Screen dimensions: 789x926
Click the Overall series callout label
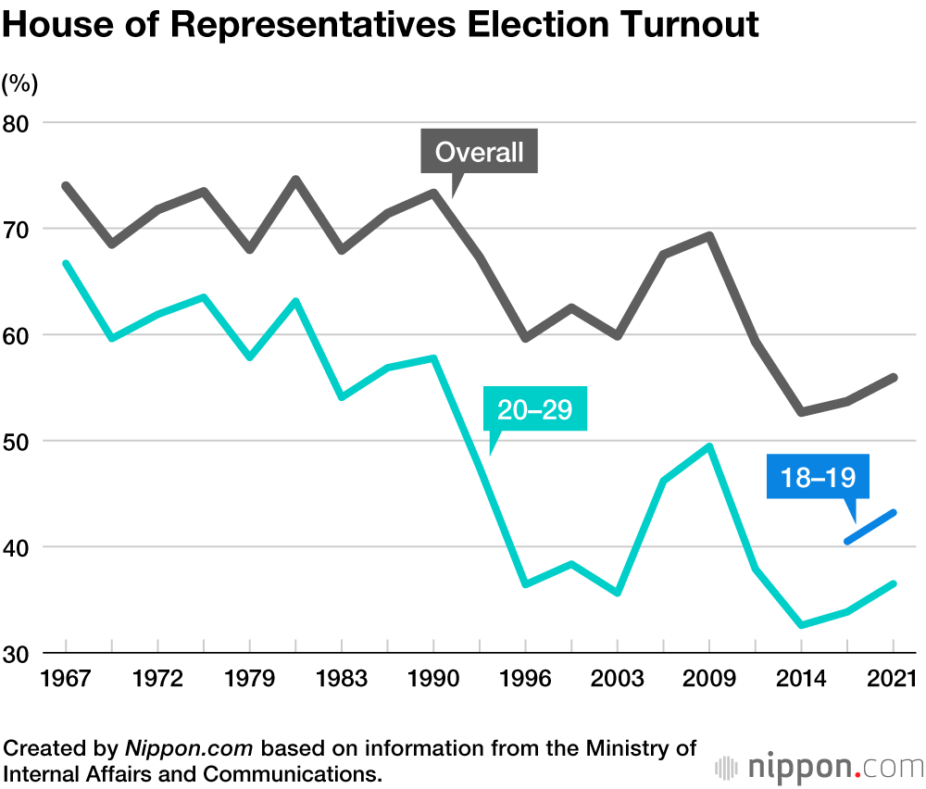point(480,152)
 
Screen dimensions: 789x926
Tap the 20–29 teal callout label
point(535,410)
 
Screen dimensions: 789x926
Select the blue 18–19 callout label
point(818,477)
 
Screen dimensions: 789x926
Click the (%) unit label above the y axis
point(19,84)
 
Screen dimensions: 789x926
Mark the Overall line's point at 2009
point(709,235)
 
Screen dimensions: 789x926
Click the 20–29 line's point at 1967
point(67,264)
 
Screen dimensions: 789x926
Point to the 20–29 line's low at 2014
point(801,625)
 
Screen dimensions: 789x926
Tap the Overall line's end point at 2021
point(893,377)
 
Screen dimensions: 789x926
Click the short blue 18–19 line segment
point(870,526)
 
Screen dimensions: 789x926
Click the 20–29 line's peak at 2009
point(709,446)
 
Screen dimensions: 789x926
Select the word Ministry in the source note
point(639,746)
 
